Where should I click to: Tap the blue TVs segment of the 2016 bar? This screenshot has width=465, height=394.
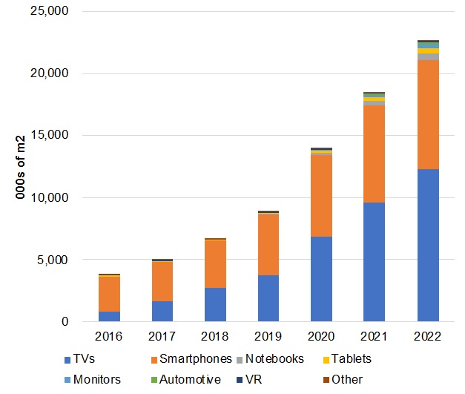click(x=109, y=316)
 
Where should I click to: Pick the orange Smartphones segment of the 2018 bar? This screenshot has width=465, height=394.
click(x=216, y=263)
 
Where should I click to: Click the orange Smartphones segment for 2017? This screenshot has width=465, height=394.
click(x=162, y=281)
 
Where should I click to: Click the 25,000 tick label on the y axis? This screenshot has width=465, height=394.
click(x=47, y=12)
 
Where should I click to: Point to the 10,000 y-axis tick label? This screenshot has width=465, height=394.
click(x=47, y=198)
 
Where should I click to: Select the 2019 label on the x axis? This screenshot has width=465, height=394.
click(x=268, y=337)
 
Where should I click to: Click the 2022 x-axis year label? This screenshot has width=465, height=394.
click(x=428, y=337)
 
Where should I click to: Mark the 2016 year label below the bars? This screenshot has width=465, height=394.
click(x=109, y=337)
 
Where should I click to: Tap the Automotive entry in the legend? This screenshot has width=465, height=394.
click(x=187, y=380)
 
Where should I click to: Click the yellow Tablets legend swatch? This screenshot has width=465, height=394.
click(x=326, y=360)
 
